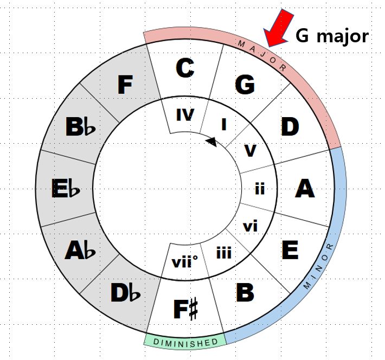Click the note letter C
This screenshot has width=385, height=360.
[x=185, y=68]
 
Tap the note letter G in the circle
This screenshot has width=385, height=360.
[x=245, y=85]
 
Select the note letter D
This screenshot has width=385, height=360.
[x=290, y=127]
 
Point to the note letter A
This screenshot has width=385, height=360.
[x=305, y=188]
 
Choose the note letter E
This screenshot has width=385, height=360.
[x=290, y=250]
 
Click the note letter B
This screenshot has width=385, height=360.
[x=245, y=293]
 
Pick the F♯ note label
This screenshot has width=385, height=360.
[x=185, y=309]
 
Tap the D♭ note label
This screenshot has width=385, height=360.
[x=125, y=293]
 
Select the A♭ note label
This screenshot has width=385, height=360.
[x=80, y=250]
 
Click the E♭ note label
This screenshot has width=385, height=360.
[x=67, y=188]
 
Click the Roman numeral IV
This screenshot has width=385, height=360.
[x=185, y=114]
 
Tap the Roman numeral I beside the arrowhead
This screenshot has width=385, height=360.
[x=224, y=124]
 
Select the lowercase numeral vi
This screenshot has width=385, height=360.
[x=250, y=226]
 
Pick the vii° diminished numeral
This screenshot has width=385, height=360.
[x=184, y=262]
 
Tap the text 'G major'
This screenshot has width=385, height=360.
[x=332, y=36]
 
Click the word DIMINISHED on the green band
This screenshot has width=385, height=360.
[x=186, y=342]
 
